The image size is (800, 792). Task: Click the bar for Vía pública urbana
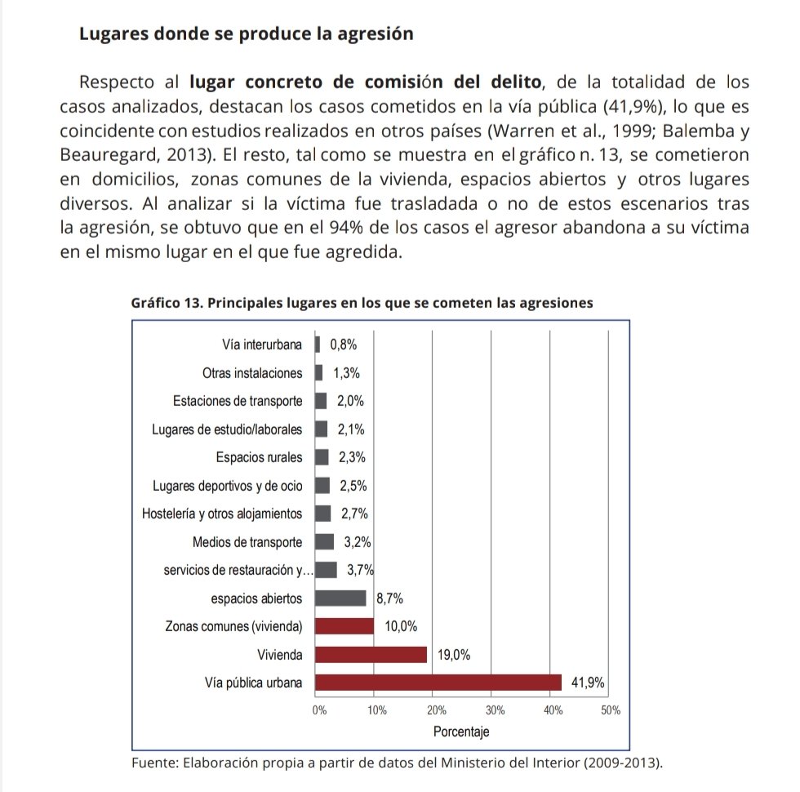tap(438, 683)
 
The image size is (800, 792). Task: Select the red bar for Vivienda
tap(371, 654)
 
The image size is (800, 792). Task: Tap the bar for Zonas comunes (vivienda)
tap(344, 626)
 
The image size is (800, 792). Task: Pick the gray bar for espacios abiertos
tap(340, 598)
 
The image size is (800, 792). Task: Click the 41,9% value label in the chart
tap(587, 683)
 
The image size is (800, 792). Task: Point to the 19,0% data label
tap(453, 655)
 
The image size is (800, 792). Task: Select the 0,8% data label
tap(343, 345)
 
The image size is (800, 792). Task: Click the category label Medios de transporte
tap(247, 542)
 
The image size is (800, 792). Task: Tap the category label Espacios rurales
tap(259, 457)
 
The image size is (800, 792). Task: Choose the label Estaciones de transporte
tap(238, 401)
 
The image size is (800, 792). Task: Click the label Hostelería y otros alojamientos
tap(222, 514)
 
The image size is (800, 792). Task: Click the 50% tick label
tap(611, 710)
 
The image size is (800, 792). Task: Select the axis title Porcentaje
tap(461, 732)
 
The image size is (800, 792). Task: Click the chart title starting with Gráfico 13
tap(362, 303)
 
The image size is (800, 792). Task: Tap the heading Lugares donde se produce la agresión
tap(245, 35)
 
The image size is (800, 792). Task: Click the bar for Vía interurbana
tap(318, 345)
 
